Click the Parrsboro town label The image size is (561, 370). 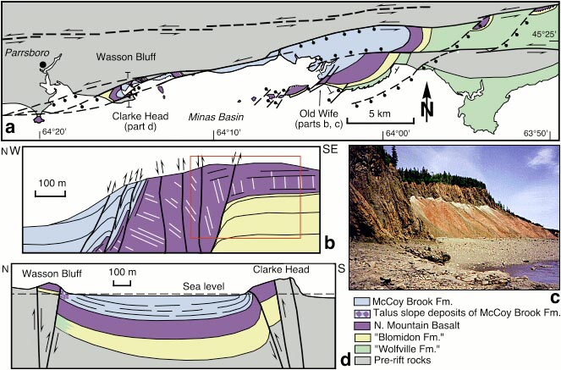point(24,52)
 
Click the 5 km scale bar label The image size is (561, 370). point(367,113)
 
